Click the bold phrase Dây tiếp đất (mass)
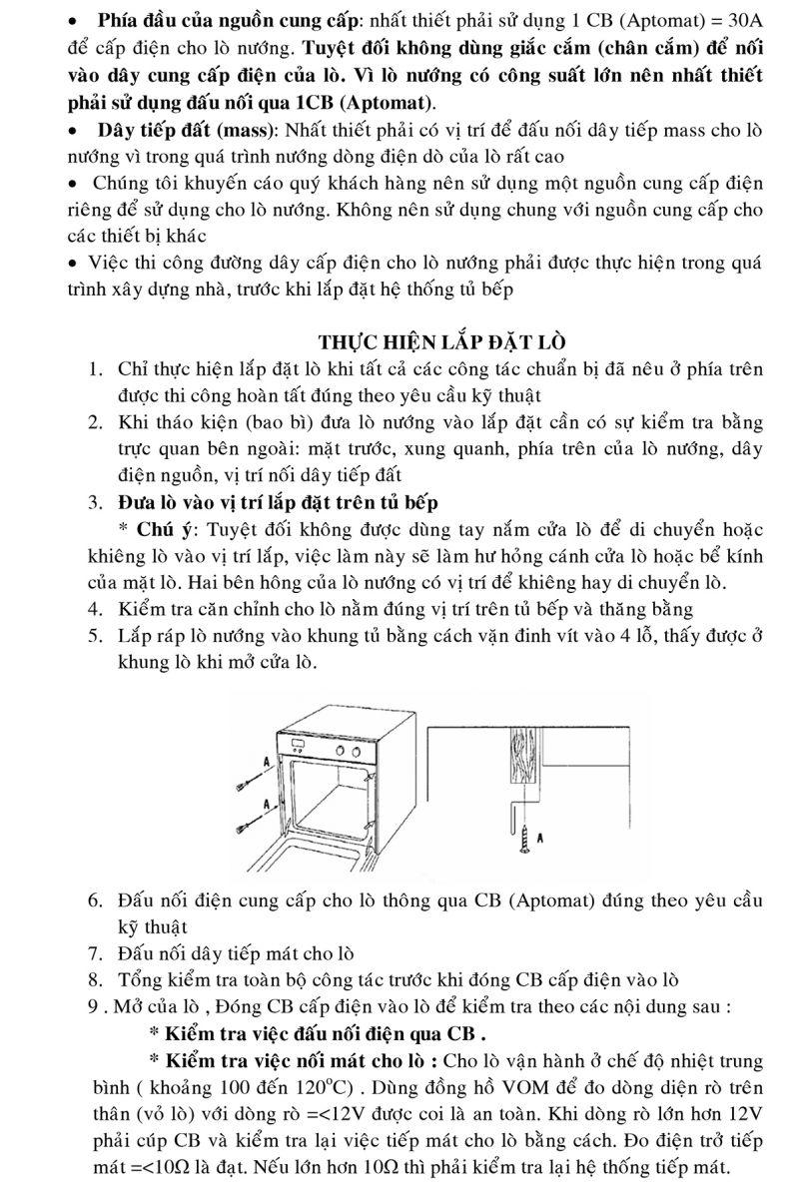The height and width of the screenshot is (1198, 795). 191,130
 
